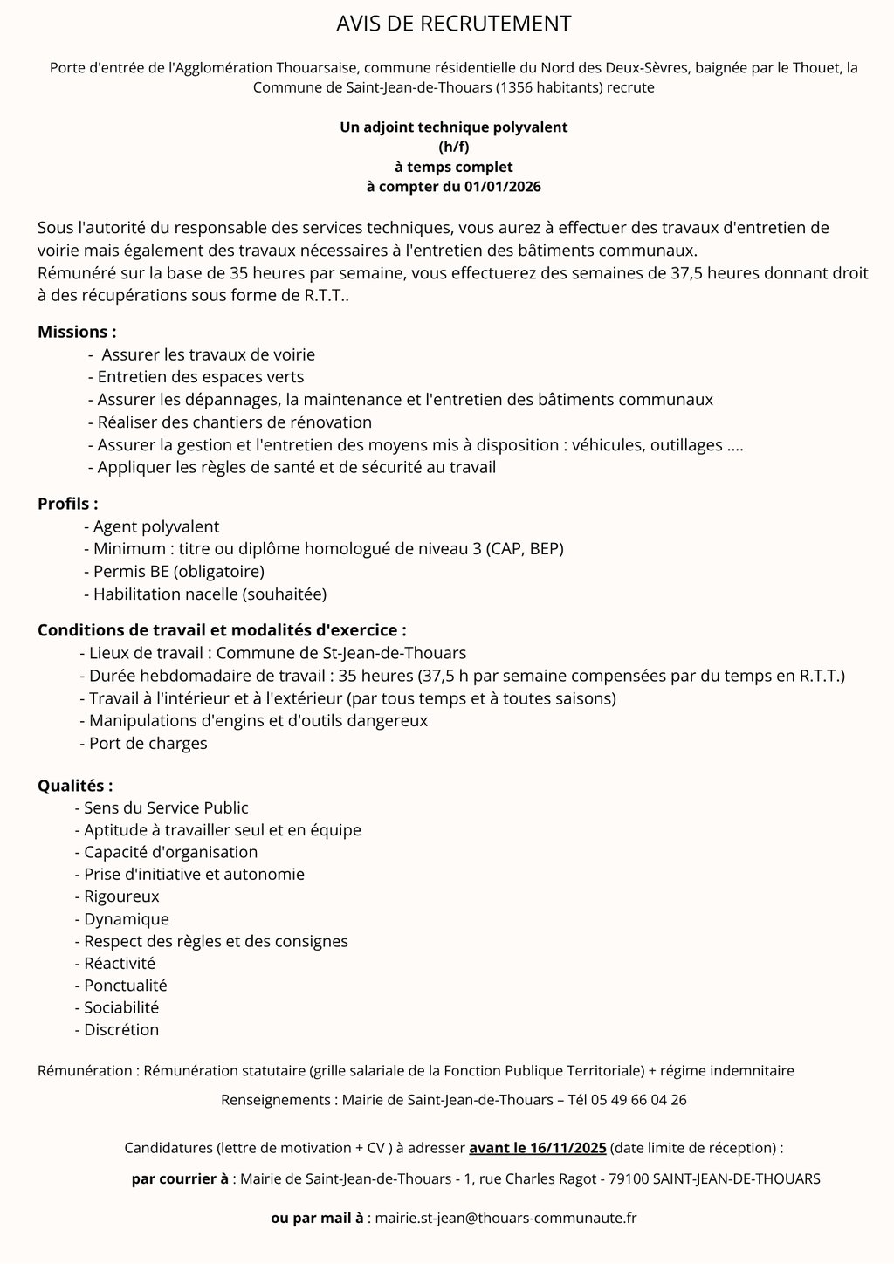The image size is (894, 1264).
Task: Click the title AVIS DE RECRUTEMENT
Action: click(453, 24)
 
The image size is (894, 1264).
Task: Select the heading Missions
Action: click(77, 332)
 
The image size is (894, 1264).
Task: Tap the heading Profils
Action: click(67, 504)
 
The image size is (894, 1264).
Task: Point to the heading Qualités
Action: click(75, 785)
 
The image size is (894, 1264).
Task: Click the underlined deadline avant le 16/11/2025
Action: click(538, 1146)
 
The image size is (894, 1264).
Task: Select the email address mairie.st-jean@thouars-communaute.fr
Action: click(505, 1217)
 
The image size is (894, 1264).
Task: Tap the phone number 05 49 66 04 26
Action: click(639, 1099)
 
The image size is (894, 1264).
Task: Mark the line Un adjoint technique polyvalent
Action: click(453, 127)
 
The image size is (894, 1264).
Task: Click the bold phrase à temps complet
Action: click(453, 166)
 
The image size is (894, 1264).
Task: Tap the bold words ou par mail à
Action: click(317, 1217)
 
